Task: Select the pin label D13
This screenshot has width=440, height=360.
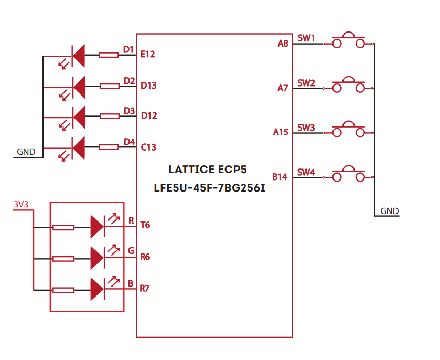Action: pos(148,86)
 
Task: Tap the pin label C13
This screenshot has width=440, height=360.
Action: pos(148,147)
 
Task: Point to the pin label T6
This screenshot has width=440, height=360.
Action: pos(145,225)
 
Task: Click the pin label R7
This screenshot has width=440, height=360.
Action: pos(145,288)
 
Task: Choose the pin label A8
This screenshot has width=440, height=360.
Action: pos(283,44)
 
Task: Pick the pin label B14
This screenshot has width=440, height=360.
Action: pos(280,177)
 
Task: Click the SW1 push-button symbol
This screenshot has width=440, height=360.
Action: pos(348,41)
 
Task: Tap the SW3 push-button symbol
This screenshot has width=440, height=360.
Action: pos(348,131)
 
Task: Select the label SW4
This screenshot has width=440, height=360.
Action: pos(306,172)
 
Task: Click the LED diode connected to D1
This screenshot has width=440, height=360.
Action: pos(79,55)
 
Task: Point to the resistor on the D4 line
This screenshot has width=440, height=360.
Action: pos(109,147)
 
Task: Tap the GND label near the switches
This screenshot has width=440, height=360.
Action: pos(390,211)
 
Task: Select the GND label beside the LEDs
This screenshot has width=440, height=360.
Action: pos(26,152)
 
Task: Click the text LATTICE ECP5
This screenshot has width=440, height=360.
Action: pos(208,170)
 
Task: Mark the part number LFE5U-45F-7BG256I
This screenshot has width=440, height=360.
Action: pos(209,187)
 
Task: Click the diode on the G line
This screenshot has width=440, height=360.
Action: pos(97,258)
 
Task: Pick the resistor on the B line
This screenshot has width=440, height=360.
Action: pos(63,290)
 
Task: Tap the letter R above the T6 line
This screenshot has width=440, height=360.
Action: pos(131,219)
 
